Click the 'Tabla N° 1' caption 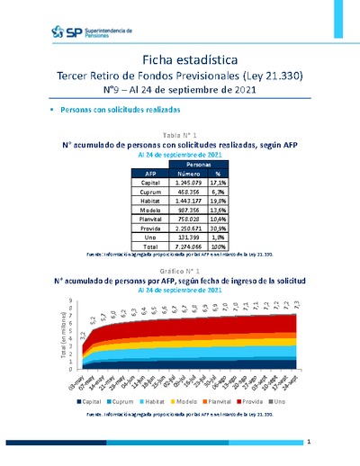click(180, 134)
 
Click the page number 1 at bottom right click(309, 442)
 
